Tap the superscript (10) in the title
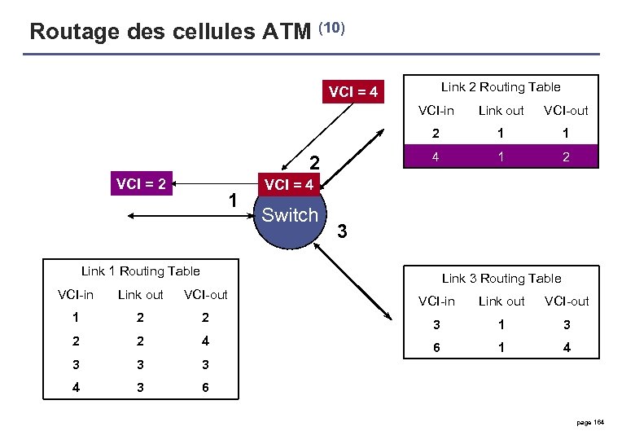pos(332,28)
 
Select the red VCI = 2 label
pos(141,184)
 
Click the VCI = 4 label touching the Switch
pos(288,185)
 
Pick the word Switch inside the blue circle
pos(289,215)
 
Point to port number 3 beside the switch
pos(343,232)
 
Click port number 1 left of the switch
pos(233,200)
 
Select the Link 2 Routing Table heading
pos(501,86)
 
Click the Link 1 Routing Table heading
pos(140,271)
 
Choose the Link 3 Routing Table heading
pos(501,278)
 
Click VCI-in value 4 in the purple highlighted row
pos(436,156)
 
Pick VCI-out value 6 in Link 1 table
pos(205,388)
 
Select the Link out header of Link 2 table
pos(501,110)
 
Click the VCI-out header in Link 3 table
pos(566,301)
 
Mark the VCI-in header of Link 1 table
pos(76,294)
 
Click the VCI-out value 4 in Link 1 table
pos(205,341)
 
